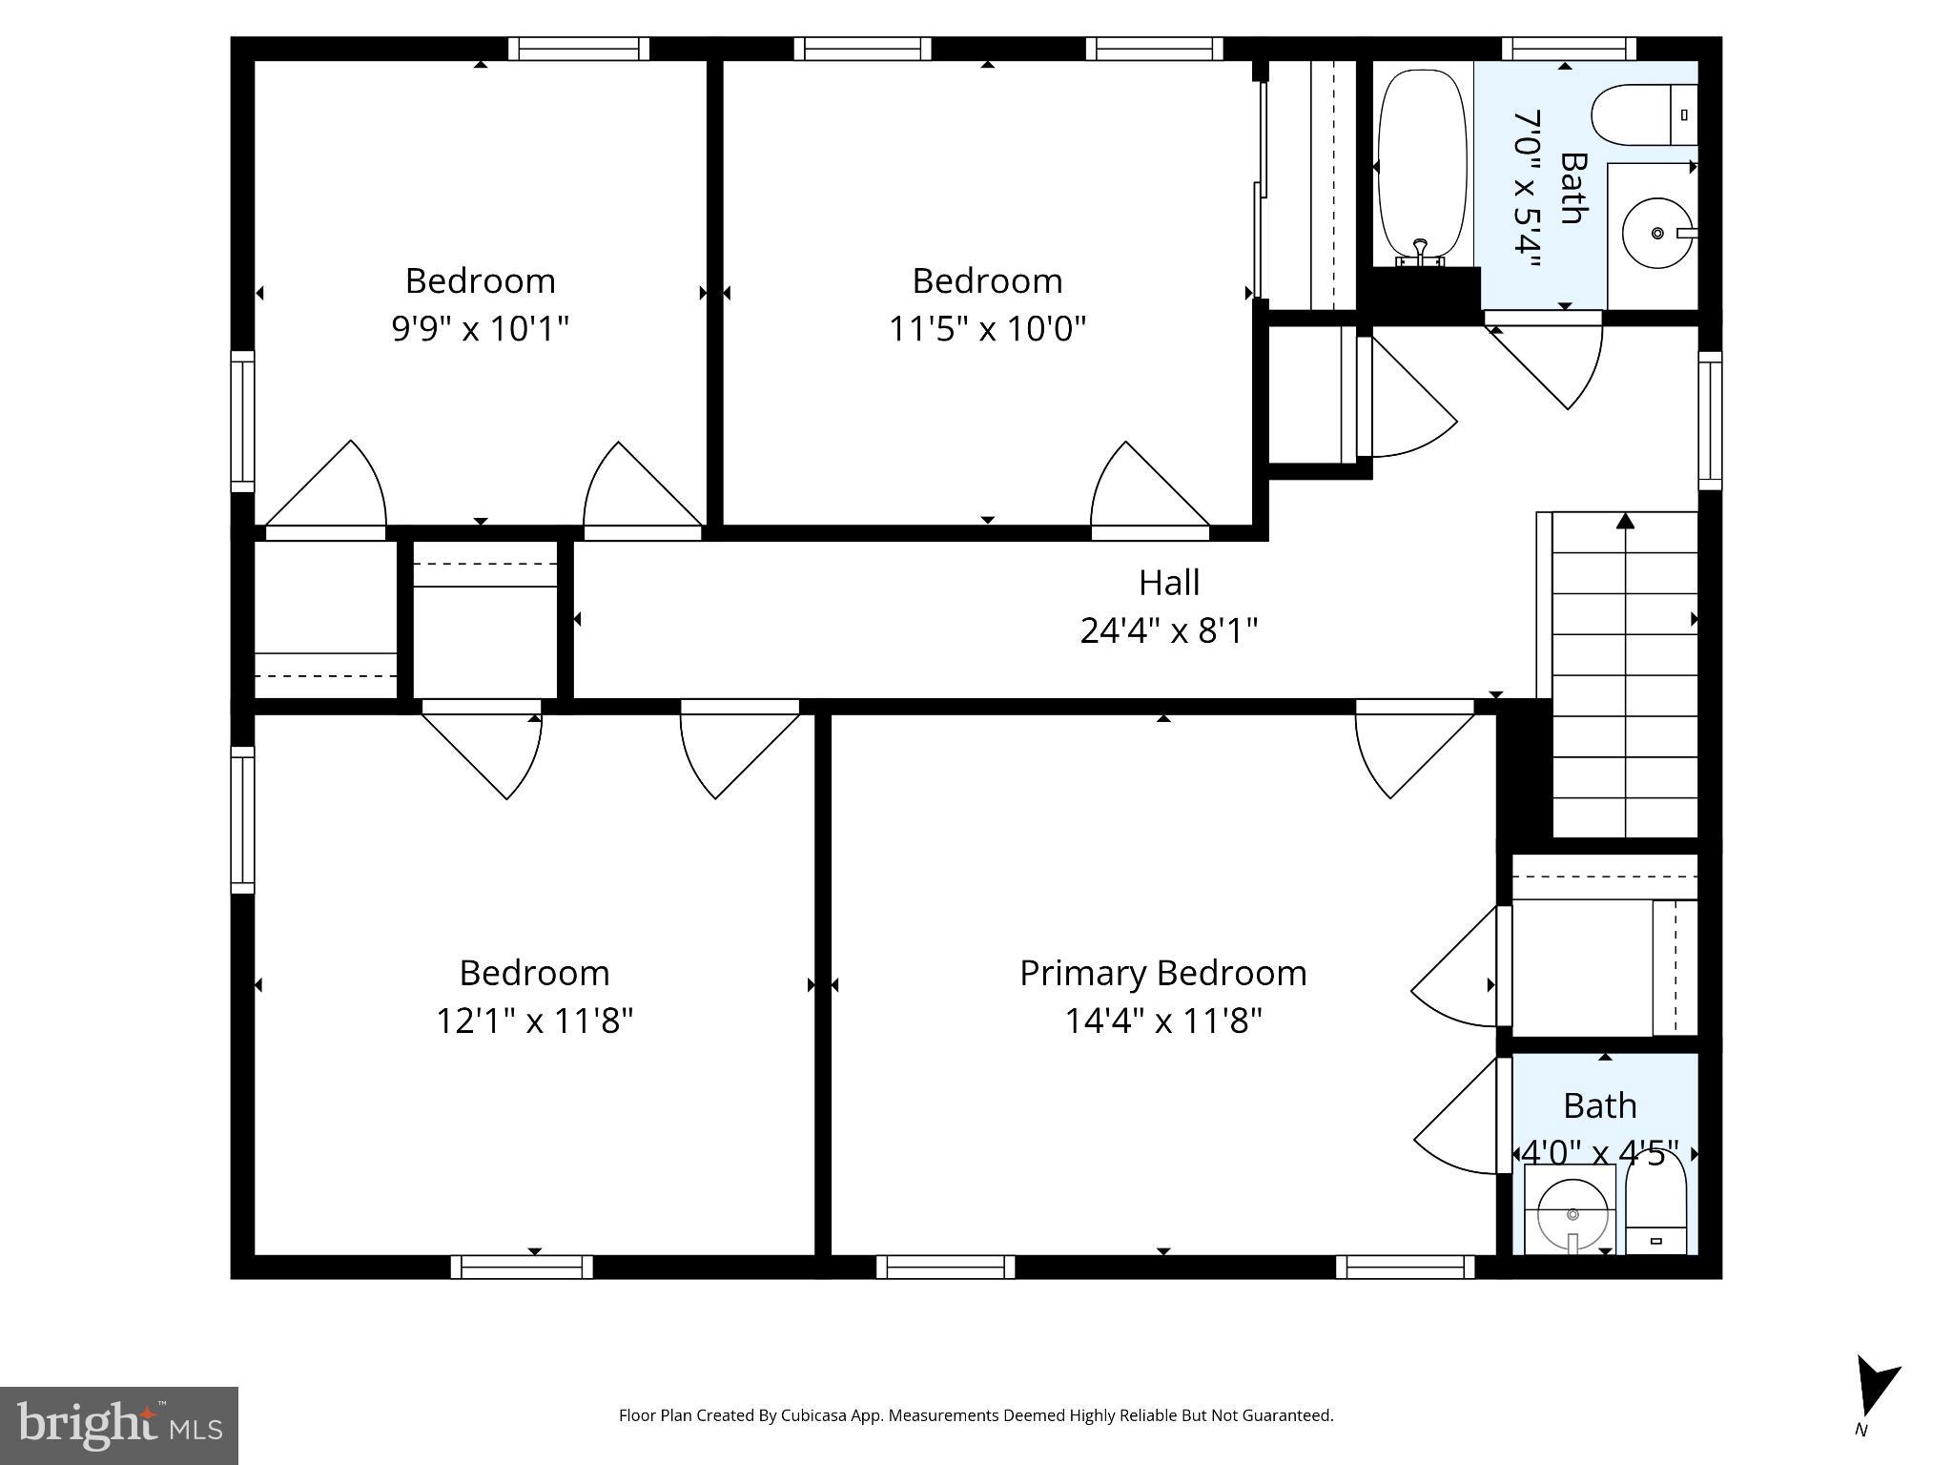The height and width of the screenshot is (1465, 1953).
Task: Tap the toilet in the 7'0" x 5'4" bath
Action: pos(1643,114)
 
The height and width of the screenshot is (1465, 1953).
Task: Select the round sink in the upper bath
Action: pos(1656,233)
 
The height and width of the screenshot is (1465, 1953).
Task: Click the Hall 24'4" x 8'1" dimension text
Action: pos(1168,630)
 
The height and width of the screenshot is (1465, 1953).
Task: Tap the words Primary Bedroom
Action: pos(1162,973)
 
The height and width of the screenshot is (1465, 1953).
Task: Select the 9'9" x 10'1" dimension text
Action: pos(480,329)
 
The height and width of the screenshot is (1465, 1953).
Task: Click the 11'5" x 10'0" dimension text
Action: pos(987,329)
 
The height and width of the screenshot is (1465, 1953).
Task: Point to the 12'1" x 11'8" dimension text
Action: pos(534,1021)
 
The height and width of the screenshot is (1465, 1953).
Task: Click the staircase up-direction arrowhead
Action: pos(1625,521)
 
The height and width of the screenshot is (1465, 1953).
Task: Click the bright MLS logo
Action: pos(118,1425)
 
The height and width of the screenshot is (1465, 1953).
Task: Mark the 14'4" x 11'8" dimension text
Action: pos(1162,1021)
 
